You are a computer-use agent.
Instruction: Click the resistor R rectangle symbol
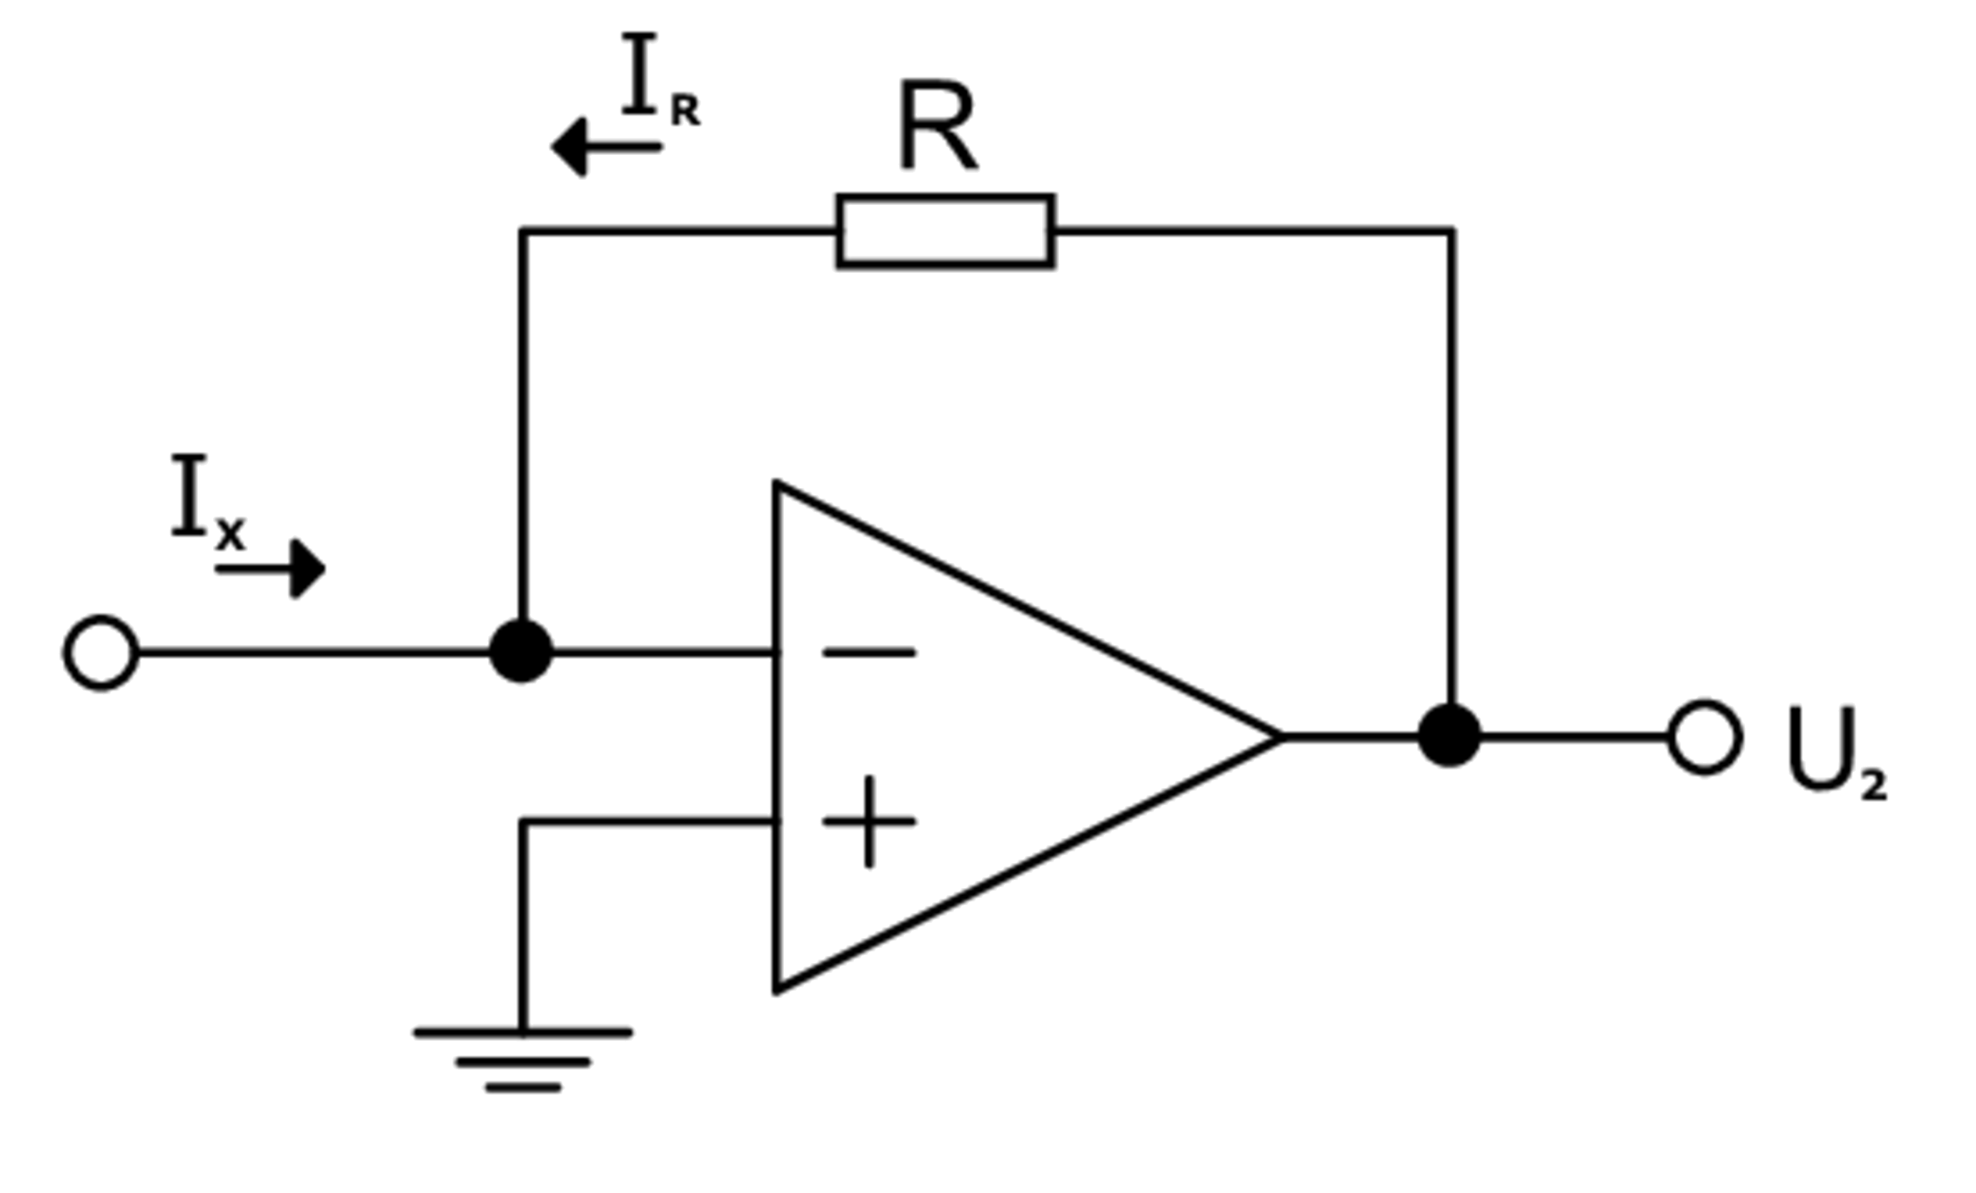pos(945,231)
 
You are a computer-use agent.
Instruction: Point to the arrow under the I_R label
pos(606,146)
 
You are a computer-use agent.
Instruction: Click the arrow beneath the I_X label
pos(269,569)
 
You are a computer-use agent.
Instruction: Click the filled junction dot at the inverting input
pos(521,652)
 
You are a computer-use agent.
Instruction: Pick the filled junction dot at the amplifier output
pos(1449,736)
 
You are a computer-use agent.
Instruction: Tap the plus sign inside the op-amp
pos(868,821)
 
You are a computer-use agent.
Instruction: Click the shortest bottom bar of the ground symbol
pos(523,1088)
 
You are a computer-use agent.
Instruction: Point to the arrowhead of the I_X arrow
pos(309,569)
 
